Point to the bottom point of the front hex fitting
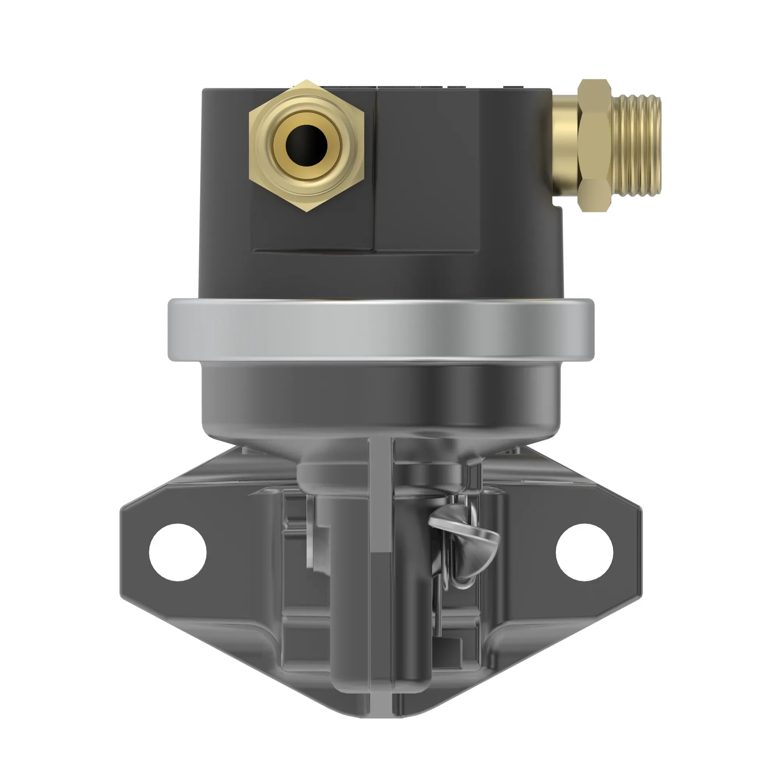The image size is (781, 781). pyautogui.click(x=306, y=210)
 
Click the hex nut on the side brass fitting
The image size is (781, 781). pyautogui.click(x=594, y=146)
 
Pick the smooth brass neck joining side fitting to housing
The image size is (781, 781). pyautogui.click(x=565, y=146)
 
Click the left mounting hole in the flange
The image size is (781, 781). pyautogui.click(x=178, y=552)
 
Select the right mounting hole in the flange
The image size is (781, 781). pyautogui.click(x=585, y=552)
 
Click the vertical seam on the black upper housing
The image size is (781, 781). pyautogui.click(x=375, y=170)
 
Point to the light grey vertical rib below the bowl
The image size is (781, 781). pyautogui.click(x=380, y=497)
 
